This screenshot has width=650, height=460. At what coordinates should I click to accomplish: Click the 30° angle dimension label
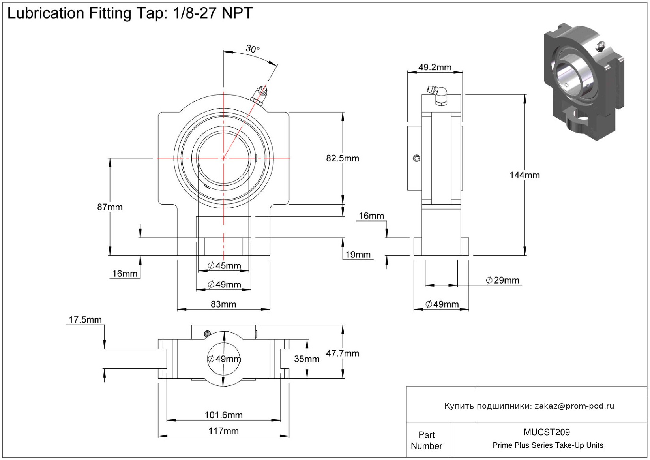click(x=253, y=49)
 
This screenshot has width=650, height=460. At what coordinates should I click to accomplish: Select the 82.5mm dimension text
click(x=342, y=158)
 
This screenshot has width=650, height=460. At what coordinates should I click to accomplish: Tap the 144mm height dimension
click(x=524, y=175)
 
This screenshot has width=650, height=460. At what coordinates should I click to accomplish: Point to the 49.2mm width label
click(x=435, y=67)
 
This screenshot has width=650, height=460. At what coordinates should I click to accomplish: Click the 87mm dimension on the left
click(x=110, y=207)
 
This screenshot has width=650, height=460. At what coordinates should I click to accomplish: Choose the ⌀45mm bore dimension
click(x=224, y=266)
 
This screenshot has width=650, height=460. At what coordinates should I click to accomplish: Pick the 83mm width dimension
click(x=223, y=304)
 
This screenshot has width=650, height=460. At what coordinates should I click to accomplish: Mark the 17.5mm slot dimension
click(x=85, y=319)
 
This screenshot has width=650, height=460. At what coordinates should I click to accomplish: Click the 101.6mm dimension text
click(x=223, y=415)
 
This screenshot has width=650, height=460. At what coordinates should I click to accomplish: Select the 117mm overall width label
click(x=223, y=431)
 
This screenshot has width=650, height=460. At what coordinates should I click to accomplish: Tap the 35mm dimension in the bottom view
click(x=307, y=359)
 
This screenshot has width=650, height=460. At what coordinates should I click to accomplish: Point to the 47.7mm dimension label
click(x=342, y=353)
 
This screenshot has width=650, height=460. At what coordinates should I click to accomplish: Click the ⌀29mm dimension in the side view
click(x=502, y=280)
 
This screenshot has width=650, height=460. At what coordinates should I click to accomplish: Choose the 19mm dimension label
click(x=358, y=255)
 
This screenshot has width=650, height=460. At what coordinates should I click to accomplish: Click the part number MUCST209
click(x=547, y=432)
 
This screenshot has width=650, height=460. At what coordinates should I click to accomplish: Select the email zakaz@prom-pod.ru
click(x=574, y=406)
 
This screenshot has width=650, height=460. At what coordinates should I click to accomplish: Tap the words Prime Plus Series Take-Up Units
click(x=548, y=445)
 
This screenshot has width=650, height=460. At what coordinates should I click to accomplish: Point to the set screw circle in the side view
click(x=416, y=158)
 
